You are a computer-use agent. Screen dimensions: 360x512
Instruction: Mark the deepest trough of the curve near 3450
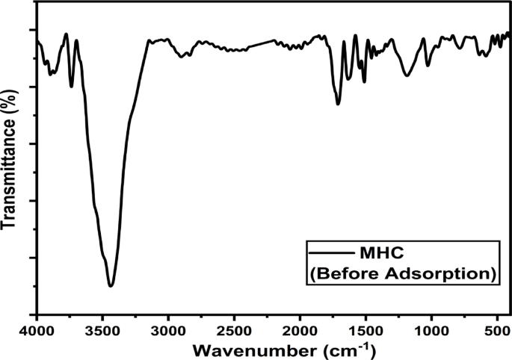111,285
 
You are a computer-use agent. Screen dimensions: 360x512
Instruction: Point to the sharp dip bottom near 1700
338,103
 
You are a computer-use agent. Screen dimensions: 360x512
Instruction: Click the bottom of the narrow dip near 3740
72,87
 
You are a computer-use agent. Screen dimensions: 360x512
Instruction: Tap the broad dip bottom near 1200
407,75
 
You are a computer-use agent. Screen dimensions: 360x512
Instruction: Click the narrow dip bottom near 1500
364,81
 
